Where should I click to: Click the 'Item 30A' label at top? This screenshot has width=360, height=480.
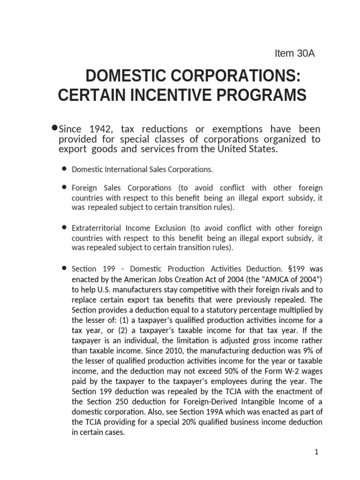(294, 53)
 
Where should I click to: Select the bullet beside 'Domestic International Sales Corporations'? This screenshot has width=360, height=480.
(64, 168)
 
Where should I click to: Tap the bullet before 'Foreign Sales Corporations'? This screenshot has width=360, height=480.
(64, 187)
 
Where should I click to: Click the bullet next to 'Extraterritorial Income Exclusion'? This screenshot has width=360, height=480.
(64, 227)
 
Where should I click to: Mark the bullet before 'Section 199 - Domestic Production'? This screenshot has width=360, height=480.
(64, 268)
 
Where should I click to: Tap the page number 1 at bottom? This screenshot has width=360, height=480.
(316, 452)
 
